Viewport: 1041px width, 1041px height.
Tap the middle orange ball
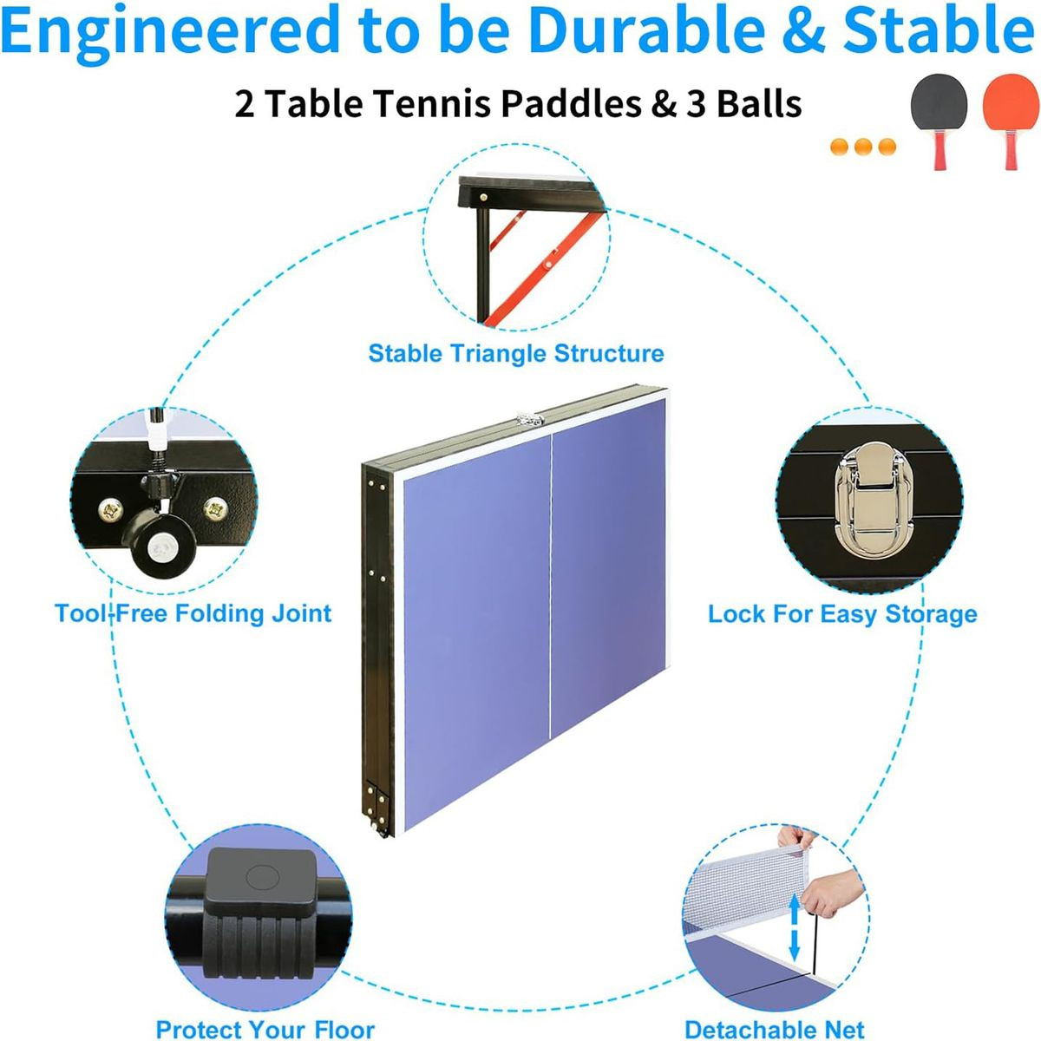pyautogui.click(x=862, y=147)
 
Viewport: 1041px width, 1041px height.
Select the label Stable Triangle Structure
pyautogui.click(x=515, y=354)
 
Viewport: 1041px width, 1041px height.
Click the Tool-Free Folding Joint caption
pyautogui.click(x=193, y=614)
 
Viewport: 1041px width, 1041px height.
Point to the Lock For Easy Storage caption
pyautogui.click(x=842, y=615)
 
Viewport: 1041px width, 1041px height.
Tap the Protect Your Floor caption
pyautogui.click(x=265, y=1029)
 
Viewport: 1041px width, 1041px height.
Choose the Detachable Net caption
pyautogui.click(x=775, y=1029)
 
